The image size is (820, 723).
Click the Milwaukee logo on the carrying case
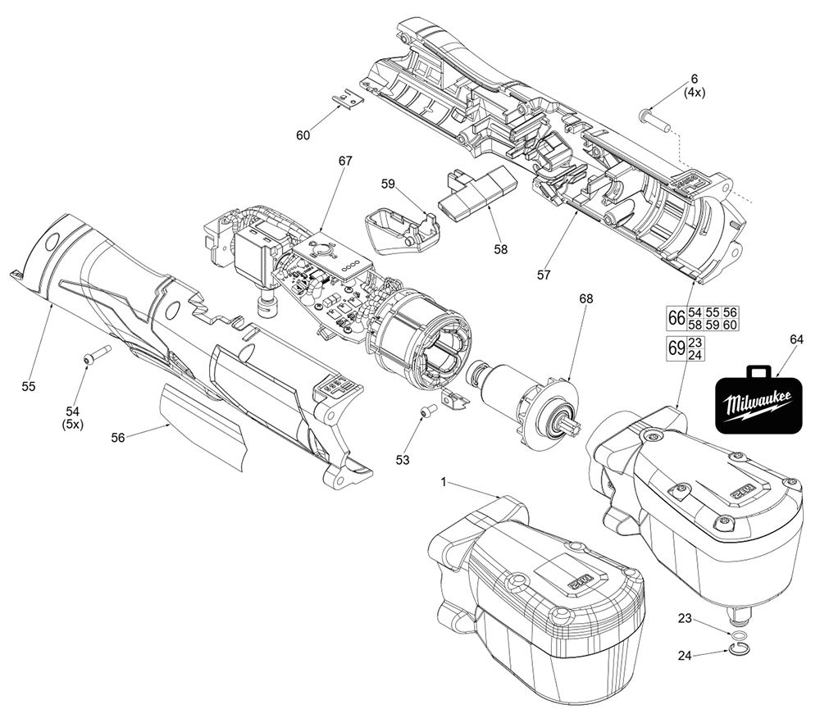pyautogui.click(x=755, y=403)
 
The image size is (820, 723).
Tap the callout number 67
pyautogui.click(x=344, y=162)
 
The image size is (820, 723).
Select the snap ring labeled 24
pyautogui.click(x=739, y=652)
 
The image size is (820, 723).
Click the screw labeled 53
pyautogui.click(x=426, y=412)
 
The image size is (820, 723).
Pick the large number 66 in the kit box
pyautogui.click(x=676, y=318)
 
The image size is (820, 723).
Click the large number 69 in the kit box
pyautogui.click(x=676, y=348)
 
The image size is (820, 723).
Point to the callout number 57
pyautogui.click(x=544, y=275)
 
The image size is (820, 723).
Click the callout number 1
pyautogui.click(x=444, y=484)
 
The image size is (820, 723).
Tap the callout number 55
pyautogui.click(x=29, y=387)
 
